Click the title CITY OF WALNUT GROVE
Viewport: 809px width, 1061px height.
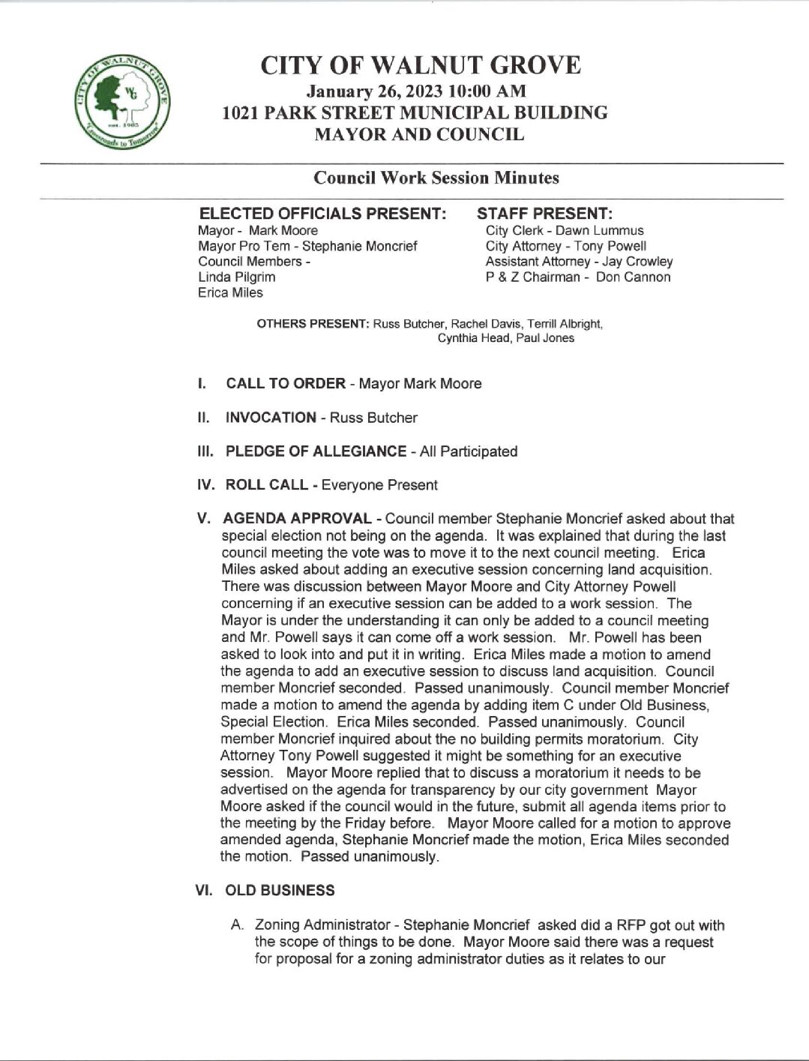pyautogui.click(x=420, y=66)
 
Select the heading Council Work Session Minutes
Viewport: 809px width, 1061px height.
pyautogui.click(x=436, y=178)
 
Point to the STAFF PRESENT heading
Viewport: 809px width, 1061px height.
pyautogui.click(x=545, y=214)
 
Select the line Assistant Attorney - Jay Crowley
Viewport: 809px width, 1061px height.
pyautogui.click(x=579, y=262)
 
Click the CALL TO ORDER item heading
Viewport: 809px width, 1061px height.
pyautogui.click(x=286, y=384)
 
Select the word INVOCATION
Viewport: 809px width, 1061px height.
pyautogui.click(x=271, y=418)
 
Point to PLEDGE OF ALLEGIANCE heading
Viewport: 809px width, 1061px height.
pyautogui.click(x=316, y=451)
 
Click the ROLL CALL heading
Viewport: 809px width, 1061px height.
pyautogui.click(x=266, y=485)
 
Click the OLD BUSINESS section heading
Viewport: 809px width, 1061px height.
pyautogui.click(x=280, y=891)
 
